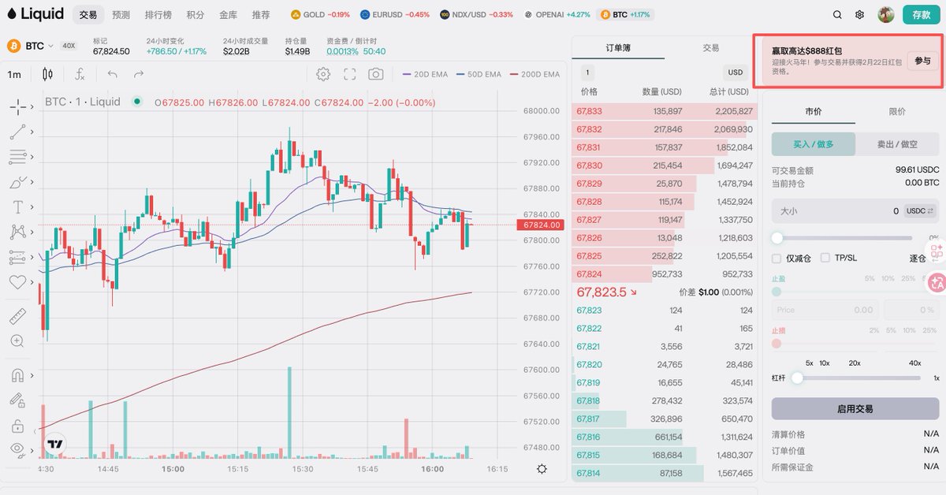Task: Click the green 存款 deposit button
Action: pyautogui.click(x=922, y=14)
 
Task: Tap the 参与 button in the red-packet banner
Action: pyautogui.click(x=922, y=61)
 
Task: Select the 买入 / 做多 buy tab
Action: pyautogui.click(x=813, y=144)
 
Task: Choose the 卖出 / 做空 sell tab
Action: pyautogui.click(x=897, y=144)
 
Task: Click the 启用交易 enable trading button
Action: pyautogui.click(x=855, y=409)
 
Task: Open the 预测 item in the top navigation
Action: pyautogui.click(x=121, y=14)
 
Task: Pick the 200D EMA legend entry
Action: pyautogui.click(x=535, y=74)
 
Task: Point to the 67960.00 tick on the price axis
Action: pyautogui.click(x=540, y=137)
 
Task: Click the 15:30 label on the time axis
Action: pyautogui.click(x=303, y=468)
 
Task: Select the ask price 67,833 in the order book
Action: pyautogui.click(x=589, y=111)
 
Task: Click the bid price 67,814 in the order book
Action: pyautogui.click(x=589, y=473)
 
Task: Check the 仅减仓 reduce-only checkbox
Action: pyautogui.click(x=778, y=258)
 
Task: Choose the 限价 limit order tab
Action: pyautogui.click(x=897, y=111)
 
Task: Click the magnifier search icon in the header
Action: pyautogui.click(x=837, y=14)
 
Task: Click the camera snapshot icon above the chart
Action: pyautogui.click(x=376, y=74)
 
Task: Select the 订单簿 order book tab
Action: pyautogui.click(x=618, y=48)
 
